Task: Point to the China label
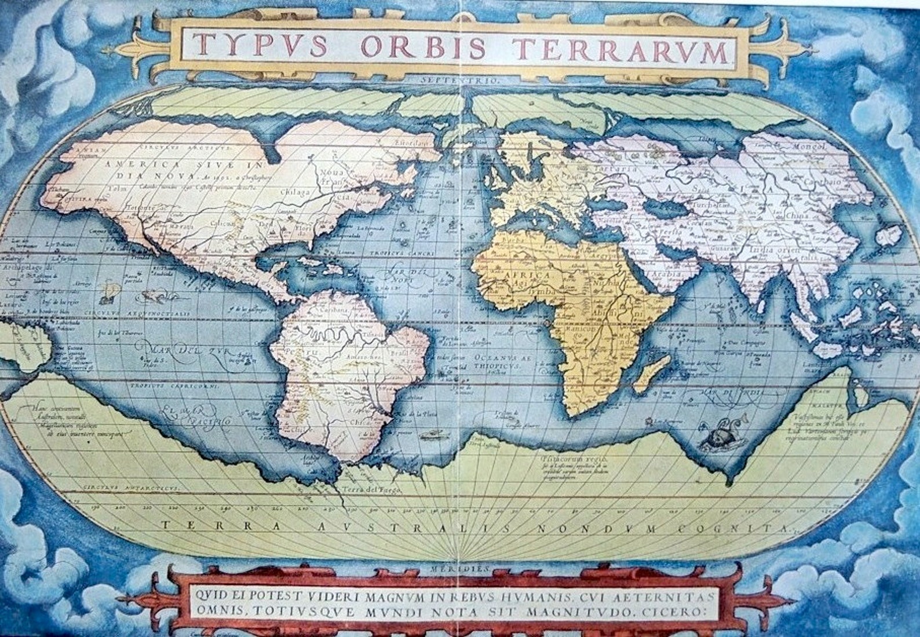[x=796, y=215]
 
